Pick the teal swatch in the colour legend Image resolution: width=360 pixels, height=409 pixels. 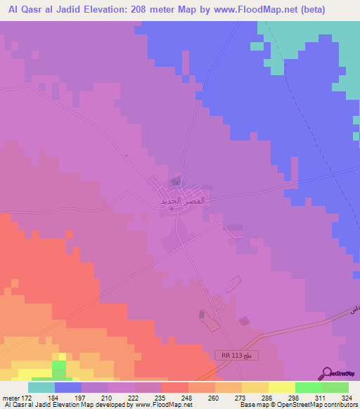coord(41,387)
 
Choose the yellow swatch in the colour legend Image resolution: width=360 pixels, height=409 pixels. coord(281,387)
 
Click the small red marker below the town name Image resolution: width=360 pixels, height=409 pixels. coord(172,209)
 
